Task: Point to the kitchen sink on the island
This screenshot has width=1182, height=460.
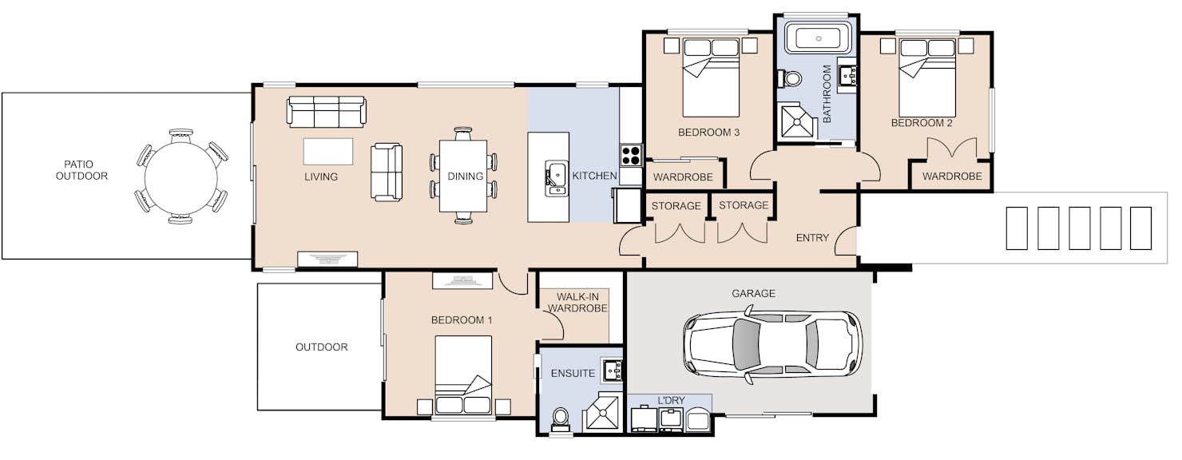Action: [556, 178]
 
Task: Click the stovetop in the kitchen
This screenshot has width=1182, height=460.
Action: [631, 156]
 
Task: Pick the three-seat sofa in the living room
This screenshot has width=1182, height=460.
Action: [326, 111]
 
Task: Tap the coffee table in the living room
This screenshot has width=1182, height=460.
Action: [327, 152]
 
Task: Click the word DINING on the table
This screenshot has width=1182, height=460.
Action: [465, 176]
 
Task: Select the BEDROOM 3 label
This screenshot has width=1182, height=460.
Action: [708, 133]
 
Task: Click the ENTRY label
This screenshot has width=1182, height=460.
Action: [812, 238]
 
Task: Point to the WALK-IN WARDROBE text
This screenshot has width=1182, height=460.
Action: [577, 303]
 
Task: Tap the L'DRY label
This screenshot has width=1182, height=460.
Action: [671, 400]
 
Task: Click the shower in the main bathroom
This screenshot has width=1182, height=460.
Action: [799, 122]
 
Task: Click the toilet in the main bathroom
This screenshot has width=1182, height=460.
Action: [789, 79]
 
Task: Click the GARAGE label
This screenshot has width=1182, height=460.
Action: [753, 293]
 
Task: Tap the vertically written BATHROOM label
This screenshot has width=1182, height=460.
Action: [827, 94]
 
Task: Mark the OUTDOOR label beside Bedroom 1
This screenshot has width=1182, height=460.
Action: [321, 347]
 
